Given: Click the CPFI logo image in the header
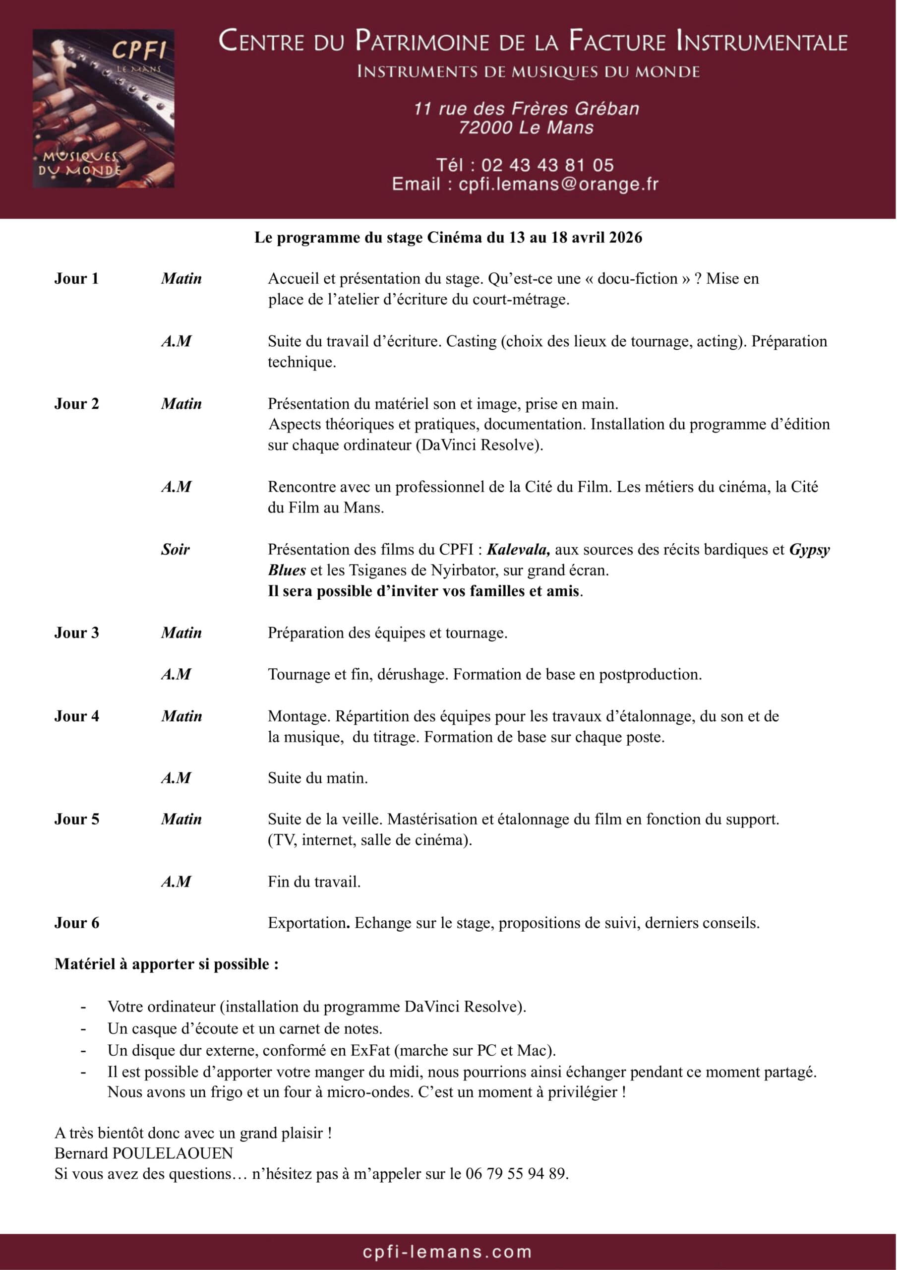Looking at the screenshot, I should point(104,109).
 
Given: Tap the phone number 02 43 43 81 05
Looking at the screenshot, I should point(547,165).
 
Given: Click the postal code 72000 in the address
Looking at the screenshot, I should point(485,128).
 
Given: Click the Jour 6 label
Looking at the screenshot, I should point(76,923).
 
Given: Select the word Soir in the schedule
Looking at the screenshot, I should point(176,549).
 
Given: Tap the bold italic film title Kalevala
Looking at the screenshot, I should point(518,549).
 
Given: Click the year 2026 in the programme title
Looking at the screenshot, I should point(625,237).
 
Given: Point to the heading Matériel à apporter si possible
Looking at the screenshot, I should point(166,964).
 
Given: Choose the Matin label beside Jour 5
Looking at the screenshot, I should point(181,819).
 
